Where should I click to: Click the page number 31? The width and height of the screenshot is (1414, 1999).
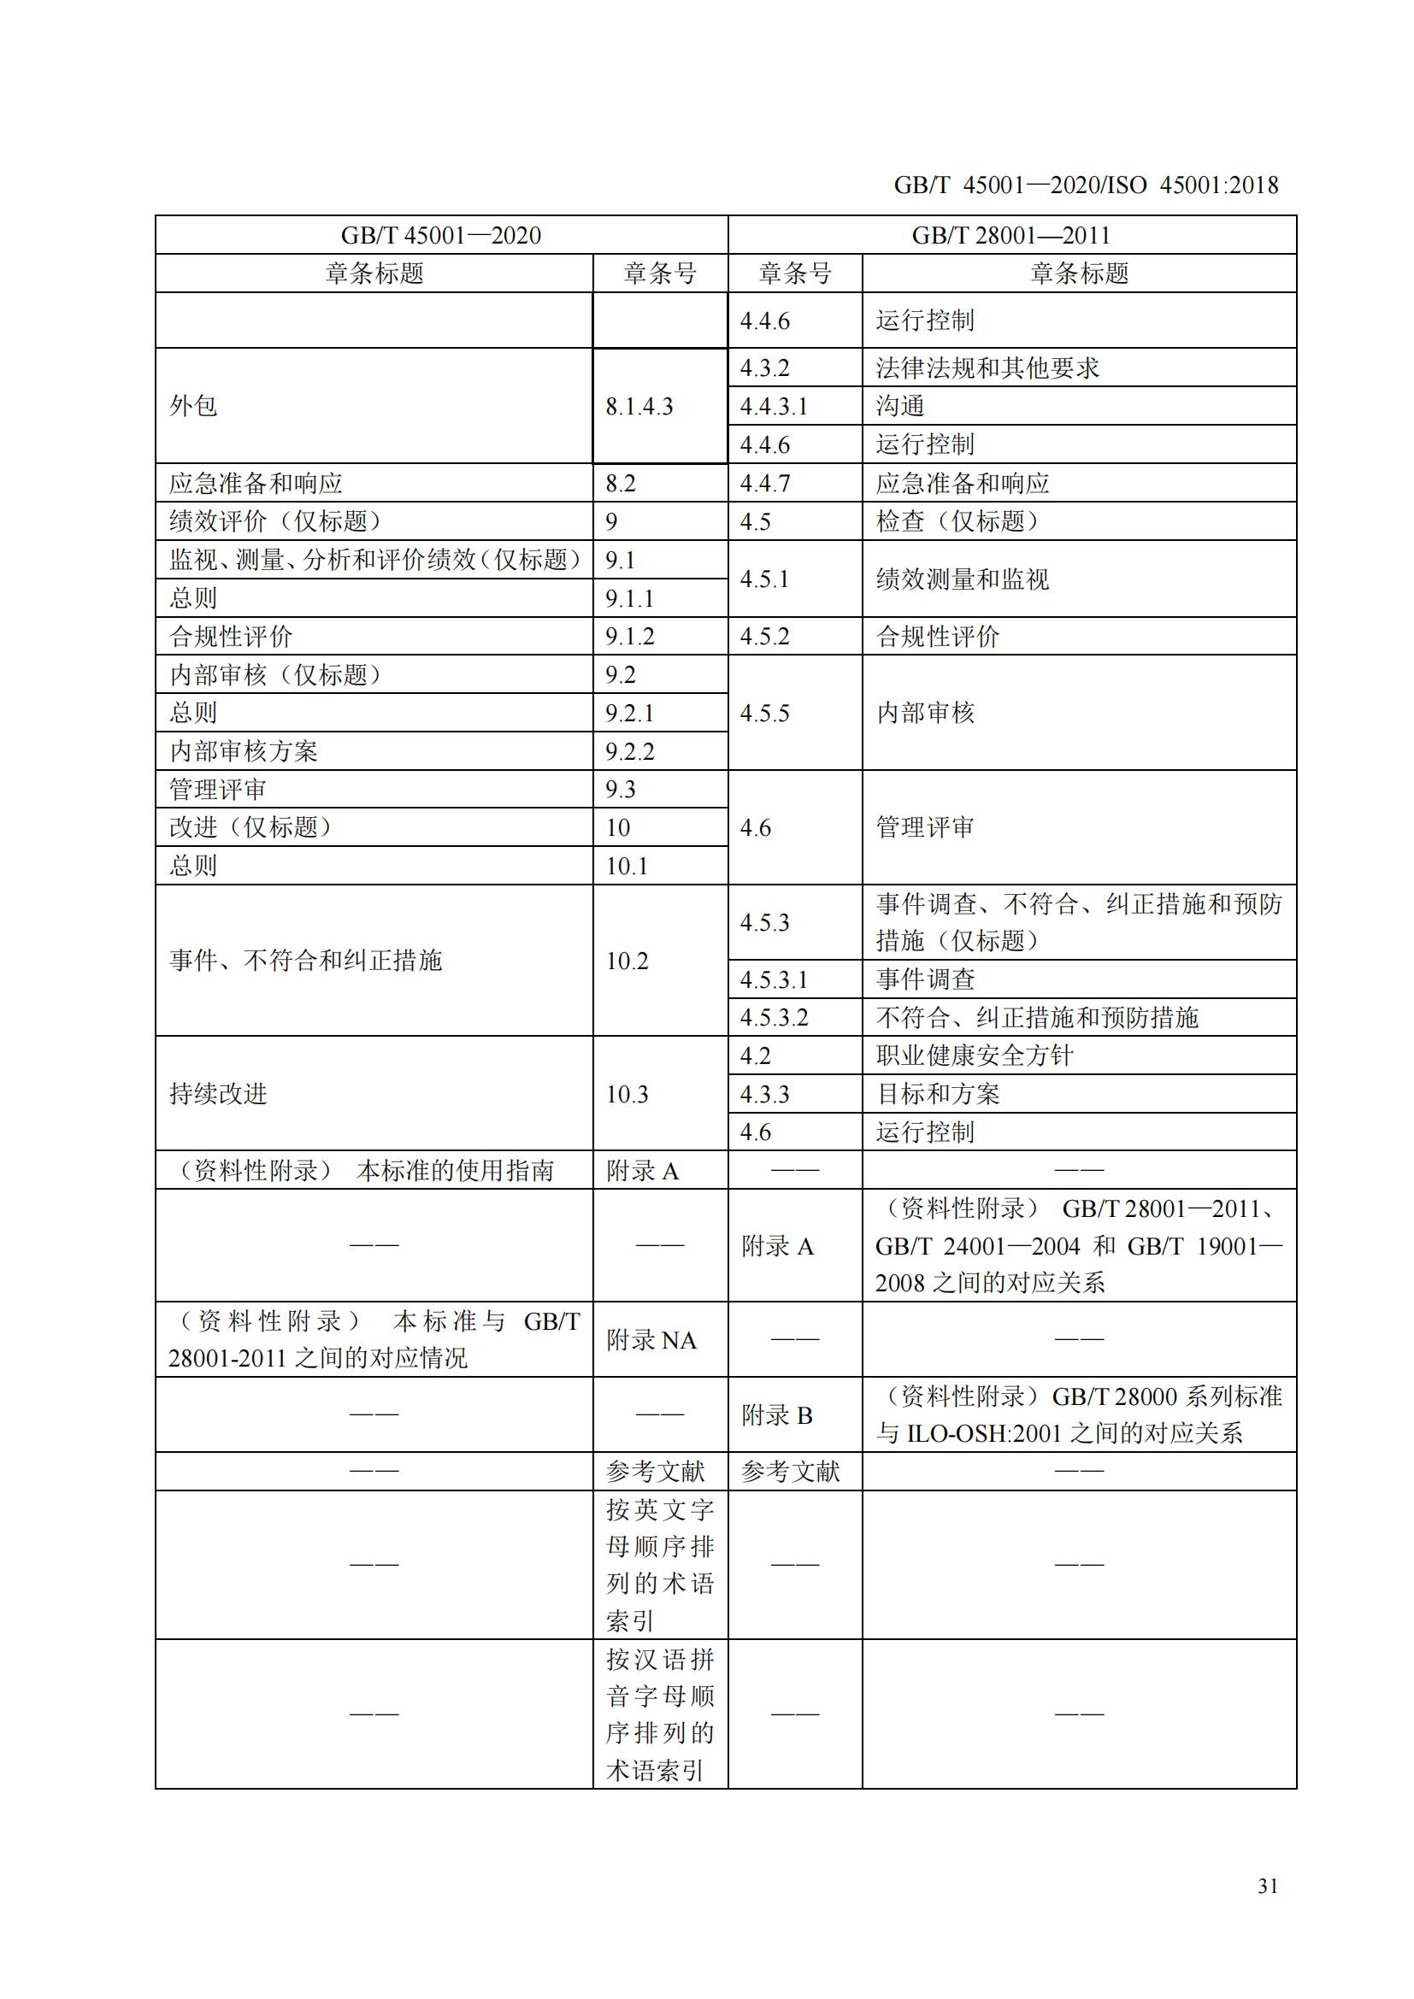tap(1267, 1885)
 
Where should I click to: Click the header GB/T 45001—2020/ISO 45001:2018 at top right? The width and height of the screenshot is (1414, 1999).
tap(1086, 185)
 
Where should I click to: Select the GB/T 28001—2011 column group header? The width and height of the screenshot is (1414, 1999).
tap(1010, 235)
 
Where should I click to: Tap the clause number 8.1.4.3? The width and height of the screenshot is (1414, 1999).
tap(639, 407)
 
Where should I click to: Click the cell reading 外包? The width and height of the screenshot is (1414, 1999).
tap(193, 406)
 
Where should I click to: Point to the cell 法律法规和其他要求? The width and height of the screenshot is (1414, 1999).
tap(987, 368)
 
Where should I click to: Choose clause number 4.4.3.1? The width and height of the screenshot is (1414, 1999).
tap(773, 407)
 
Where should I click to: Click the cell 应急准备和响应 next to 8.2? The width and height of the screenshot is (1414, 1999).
tap(255, 483)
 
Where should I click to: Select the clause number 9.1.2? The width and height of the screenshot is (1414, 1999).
tap(629, 637)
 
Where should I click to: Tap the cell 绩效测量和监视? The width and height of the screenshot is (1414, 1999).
tap(962, 579)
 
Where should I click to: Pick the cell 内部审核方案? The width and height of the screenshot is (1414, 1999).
tap(243, 751)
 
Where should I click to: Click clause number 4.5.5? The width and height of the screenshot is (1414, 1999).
tap(764, 713)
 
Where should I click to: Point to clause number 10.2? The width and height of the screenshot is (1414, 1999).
tap(627, 961)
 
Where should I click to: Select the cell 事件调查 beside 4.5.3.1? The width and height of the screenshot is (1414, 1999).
tap(925, 979)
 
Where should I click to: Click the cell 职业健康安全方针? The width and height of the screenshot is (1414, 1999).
tap(975, 1055)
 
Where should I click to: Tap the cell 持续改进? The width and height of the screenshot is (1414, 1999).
tap(218, 1094)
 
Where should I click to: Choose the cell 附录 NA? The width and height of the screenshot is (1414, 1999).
tap(651, 1340)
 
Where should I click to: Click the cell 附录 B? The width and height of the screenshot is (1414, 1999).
tap(776, 1414)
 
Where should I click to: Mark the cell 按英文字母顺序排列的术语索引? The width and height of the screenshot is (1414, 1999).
tap(660, 1565)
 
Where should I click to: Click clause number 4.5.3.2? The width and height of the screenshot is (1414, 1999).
tap(773, 1017)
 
